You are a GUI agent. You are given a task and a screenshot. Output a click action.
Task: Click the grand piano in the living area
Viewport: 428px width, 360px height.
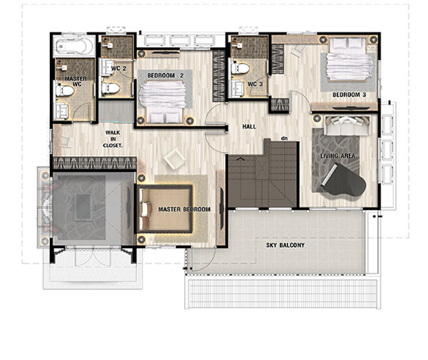(345, 180)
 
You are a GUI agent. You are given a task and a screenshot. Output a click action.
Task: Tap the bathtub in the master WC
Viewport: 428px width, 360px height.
(74, 46)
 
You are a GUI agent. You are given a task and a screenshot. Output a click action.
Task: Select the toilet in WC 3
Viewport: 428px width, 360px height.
(240, 68)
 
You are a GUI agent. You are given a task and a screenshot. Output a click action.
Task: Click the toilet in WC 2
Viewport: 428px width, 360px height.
(111, 88)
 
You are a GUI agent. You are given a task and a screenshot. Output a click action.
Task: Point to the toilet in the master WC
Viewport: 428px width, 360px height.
(65, 91)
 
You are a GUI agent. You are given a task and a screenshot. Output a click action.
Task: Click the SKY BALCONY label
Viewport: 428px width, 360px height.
(285, 245)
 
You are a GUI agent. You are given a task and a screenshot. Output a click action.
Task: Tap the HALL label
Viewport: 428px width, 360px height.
(249, 127)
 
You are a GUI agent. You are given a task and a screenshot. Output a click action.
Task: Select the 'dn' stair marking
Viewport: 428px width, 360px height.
(285, 138)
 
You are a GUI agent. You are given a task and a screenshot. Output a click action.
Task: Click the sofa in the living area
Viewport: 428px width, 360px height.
(347, 125)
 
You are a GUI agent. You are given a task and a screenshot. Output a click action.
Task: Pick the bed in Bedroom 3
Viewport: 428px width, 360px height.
(348, 59)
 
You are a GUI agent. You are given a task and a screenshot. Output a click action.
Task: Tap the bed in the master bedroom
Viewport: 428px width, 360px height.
(165, 209)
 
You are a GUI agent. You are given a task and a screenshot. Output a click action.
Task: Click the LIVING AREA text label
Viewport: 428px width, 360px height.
(337, 155)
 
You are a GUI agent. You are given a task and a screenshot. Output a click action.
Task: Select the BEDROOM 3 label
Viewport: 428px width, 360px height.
(349, 95)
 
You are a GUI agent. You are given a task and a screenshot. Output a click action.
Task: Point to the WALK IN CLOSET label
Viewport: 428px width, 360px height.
(113, 139)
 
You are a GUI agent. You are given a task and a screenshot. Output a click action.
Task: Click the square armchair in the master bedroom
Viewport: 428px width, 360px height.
(175, 159)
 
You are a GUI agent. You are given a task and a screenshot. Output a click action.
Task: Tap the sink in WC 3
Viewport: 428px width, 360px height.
(238, 88)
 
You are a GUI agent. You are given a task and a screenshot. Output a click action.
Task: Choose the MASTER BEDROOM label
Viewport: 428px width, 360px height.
(185, 210)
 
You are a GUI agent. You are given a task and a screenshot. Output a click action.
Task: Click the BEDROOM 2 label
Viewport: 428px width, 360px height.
(165, 76)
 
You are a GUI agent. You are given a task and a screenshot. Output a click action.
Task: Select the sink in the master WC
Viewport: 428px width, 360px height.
(62, 111)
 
